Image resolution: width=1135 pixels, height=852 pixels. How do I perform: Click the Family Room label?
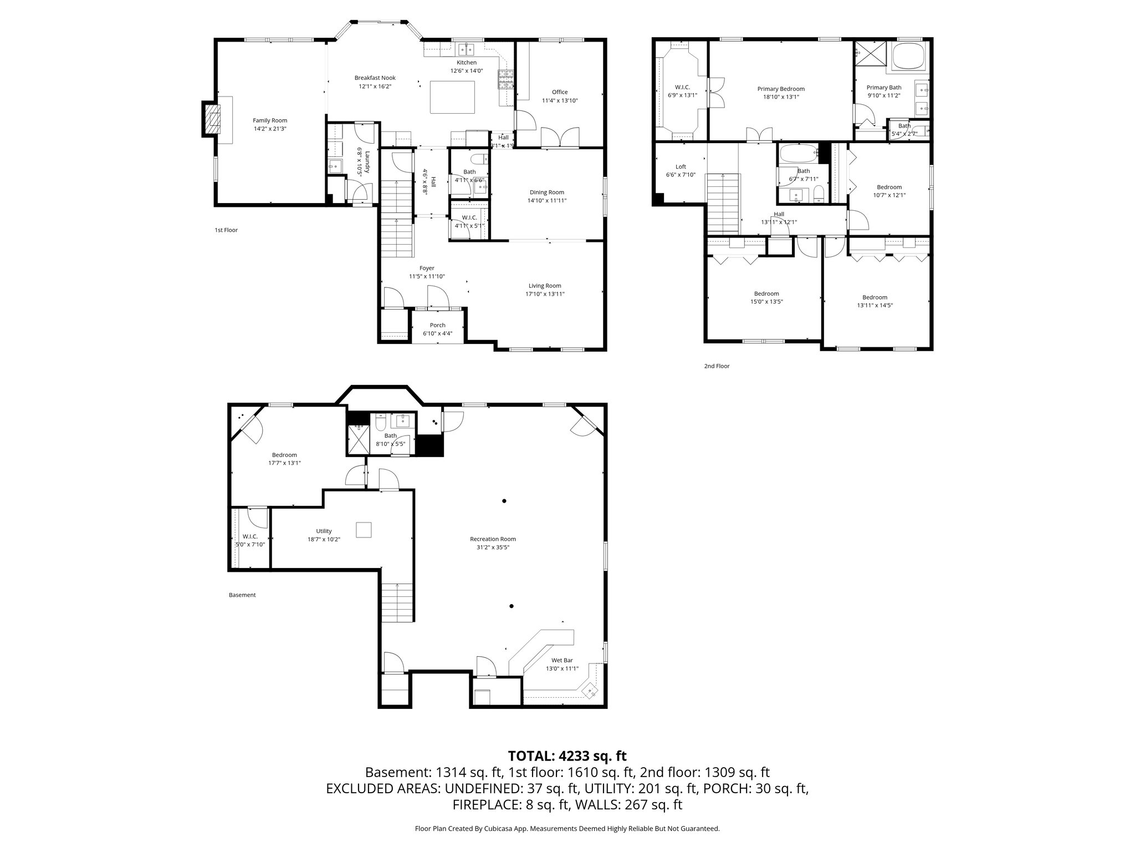(270, 120)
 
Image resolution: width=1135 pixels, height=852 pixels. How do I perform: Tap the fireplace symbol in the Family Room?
(211, 118)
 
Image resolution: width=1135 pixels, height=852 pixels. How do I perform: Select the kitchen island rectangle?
(453, 97)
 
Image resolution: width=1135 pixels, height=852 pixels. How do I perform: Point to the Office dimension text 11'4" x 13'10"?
(560, 100)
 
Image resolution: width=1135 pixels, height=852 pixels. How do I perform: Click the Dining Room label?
(546, 192)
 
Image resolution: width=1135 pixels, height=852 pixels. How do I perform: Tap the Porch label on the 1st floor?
(437, 325)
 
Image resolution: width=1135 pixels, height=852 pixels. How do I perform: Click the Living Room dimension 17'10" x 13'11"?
(545, 294)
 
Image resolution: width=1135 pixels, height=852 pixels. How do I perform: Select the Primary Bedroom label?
(781, 89)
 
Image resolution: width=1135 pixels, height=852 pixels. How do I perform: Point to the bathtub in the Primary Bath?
(909, 57)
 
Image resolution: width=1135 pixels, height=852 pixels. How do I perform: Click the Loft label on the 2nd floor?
(681, 166)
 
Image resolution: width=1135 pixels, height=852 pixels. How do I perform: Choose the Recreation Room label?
(493, 539)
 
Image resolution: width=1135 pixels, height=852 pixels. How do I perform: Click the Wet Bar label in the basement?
(562, 660)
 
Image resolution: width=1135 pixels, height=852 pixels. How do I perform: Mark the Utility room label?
(324, 531)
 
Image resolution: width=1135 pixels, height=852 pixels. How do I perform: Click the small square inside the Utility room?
(364, 530)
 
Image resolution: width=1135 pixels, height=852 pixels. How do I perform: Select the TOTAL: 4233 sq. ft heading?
(567, 755)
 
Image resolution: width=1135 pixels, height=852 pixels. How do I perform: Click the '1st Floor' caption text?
(226, 230)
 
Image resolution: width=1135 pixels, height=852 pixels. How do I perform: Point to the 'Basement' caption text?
(242, 595)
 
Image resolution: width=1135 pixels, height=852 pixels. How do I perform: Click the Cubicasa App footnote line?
(567, 829)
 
